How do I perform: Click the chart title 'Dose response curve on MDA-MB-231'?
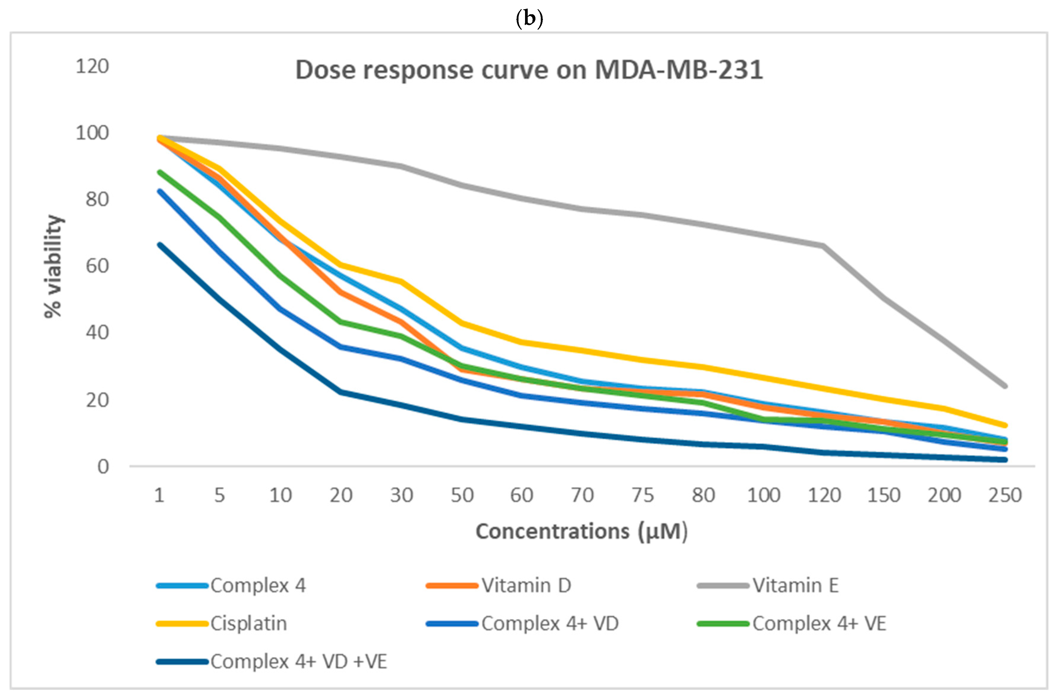[529, 70]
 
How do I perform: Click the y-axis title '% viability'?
[53, 266]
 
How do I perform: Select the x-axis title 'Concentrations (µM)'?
[581, 532]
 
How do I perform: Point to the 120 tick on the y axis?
[92, 67]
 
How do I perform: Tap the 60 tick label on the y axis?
[97, 266]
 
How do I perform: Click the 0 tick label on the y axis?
[103, 467]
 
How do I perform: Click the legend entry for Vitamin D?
[499, 586]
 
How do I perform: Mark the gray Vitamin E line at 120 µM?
[823, 246]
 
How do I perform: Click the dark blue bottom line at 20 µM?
[341, 392]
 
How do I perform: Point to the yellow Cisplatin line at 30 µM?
[401, 281]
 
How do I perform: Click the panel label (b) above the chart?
[529, 18]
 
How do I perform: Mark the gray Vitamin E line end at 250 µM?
[1005, 386]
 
